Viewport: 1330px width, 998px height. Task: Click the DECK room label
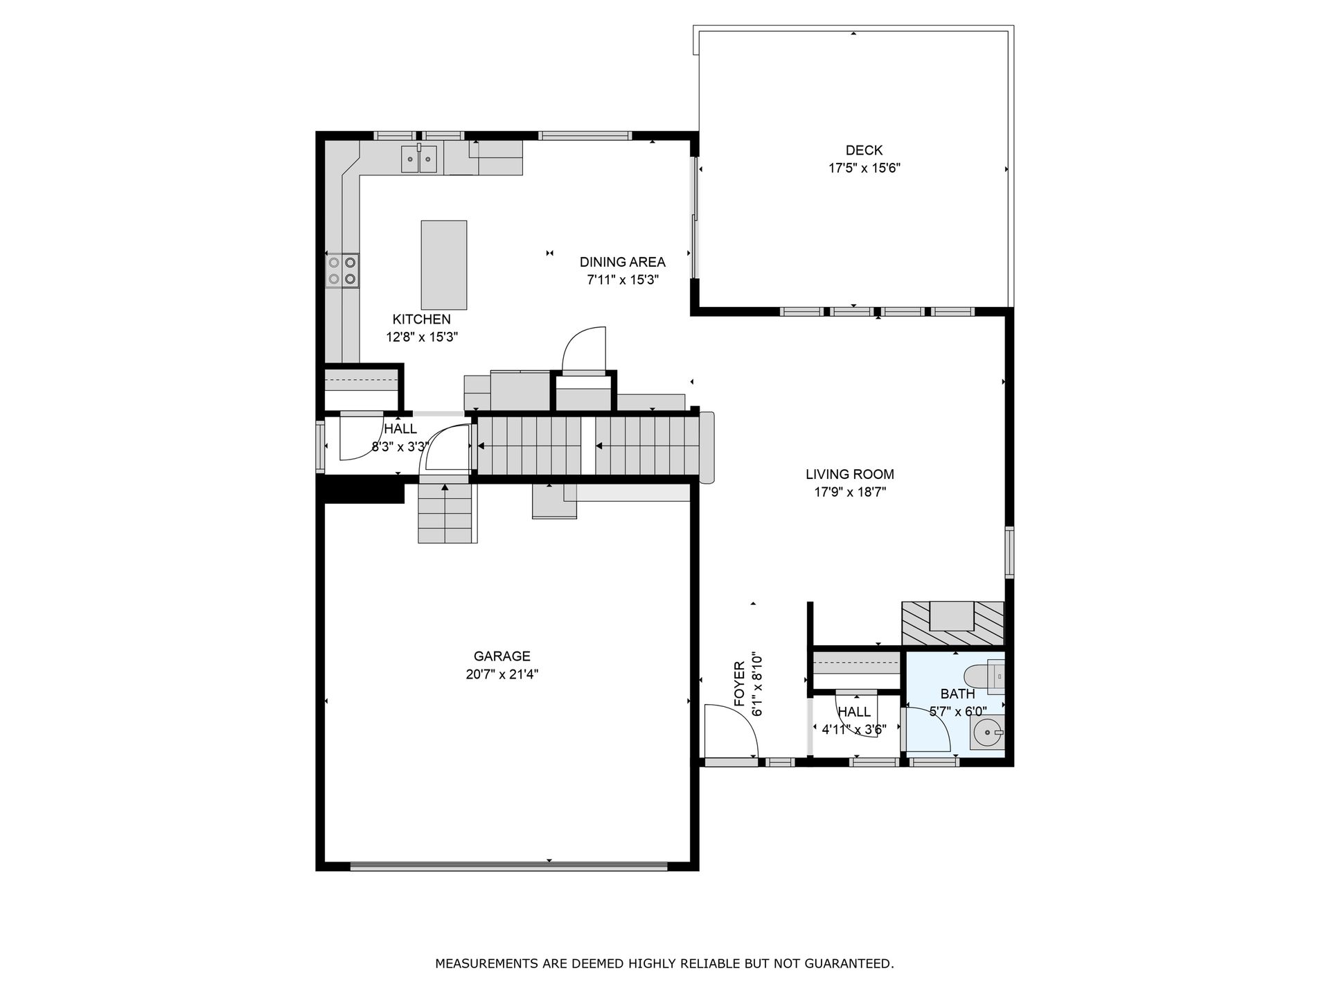(864, 150)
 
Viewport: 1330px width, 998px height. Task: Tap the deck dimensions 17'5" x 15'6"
(864, 168)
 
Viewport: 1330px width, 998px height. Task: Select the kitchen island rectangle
(444, 265)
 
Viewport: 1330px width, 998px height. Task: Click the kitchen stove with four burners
(343, 270)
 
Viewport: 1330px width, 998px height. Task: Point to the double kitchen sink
(420, 159)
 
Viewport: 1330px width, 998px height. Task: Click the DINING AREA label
(622, 262)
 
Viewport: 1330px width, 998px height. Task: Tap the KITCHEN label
(421, 319)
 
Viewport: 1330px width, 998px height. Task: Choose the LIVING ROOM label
(850, 475)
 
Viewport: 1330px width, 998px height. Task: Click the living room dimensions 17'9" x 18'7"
(850, 493)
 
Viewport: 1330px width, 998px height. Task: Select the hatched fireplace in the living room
(952, 624)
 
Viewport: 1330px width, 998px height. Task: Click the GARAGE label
(502, 656)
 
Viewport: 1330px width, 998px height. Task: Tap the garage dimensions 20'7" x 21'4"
(502, 674)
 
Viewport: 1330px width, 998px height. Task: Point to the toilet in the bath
(984, 677)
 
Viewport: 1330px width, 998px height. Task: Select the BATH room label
(957, 694)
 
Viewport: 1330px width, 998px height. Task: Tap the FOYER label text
(739, 685)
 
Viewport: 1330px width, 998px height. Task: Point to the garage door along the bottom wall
(508, 866)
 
